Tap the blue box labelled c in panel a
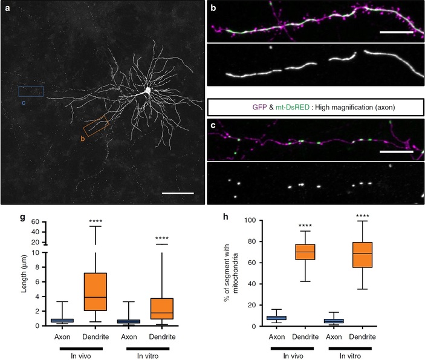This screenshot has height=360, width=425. pos(31,91)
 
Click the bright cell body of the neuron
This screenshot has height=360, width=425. pos(146,91)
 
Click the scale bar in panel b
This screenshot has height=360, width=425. pos(396,36)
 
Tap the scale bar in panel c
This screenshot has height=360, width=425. pos(396,152)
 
